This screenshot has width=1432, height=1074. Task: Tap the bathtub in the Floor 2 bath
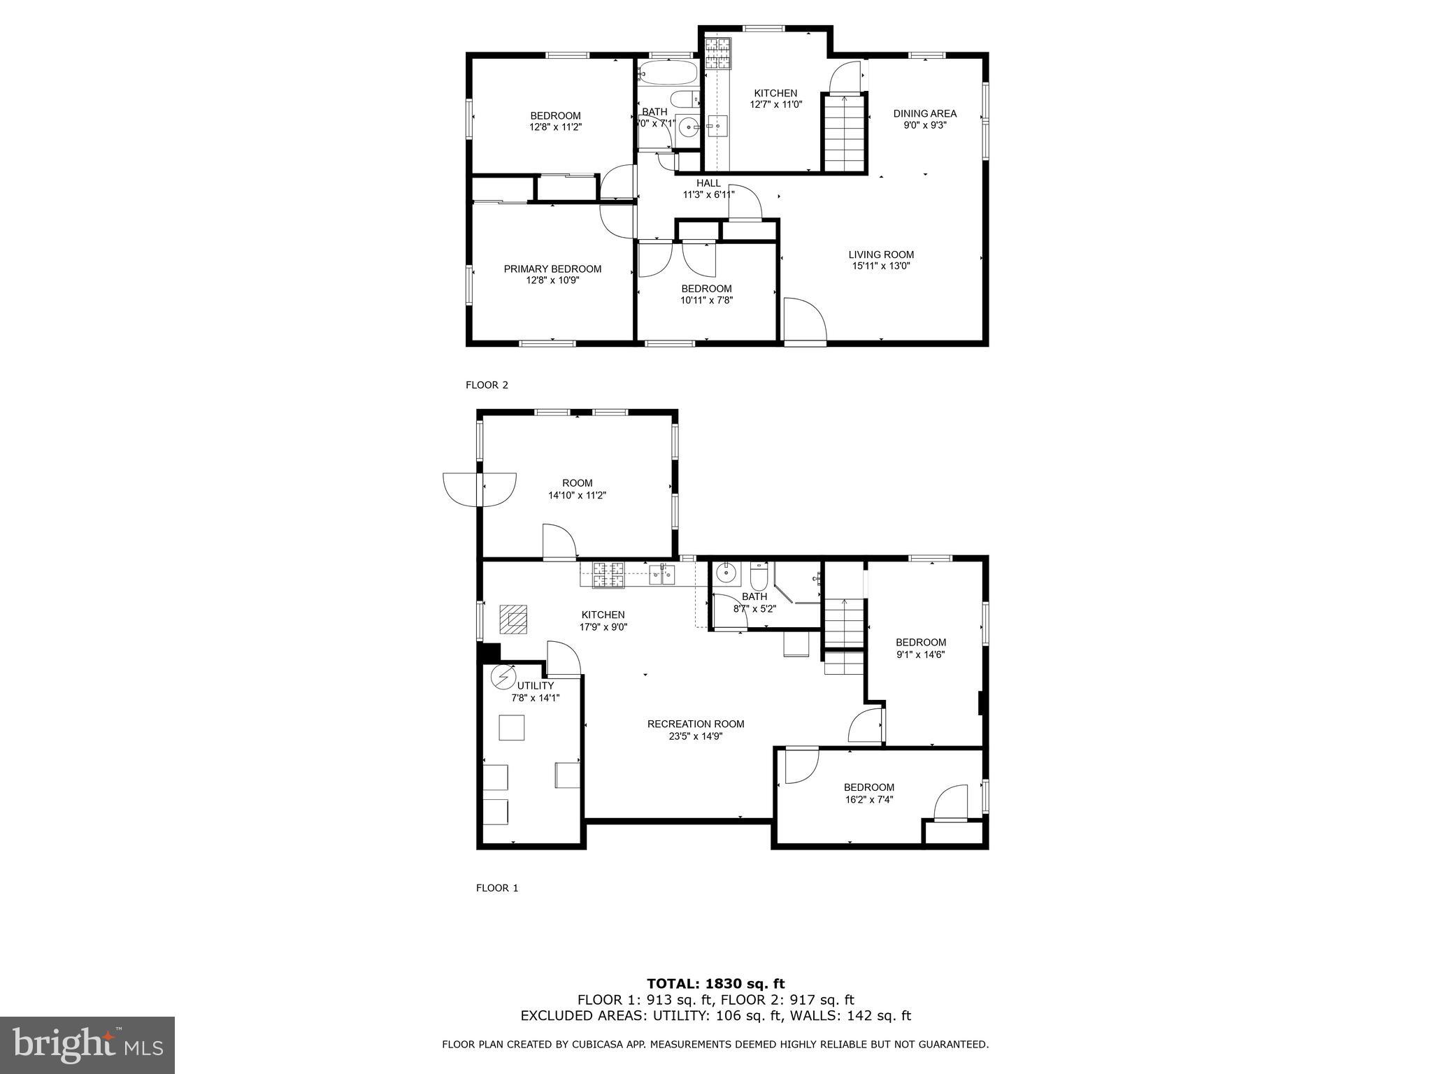668,72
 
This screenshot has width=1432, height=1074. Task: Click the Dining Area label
924,113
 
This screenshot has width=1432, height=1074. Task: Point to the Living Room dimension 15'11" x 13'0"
881,266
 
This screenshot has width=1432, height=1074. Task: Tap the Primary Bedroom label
552,269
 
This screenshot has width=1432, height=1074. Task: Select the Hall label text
708,183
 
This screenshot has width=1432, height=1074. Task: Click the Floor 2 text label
487,385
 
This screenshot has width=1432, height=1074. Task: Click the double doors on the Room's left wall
480,489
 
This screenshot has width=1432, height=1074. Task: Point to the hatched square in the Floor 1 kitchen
515,619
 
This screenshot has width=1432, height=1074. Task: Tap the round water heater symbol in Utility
503,677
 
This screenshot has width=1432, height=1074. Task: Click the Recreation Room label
695,724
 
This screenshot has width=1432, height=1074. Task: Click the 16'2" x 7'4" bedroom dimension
868,799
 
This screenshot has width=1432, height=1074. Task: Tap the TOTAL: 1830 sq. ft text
715,984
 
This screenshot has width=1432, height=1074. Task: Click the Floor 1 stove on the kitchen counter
608,575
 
